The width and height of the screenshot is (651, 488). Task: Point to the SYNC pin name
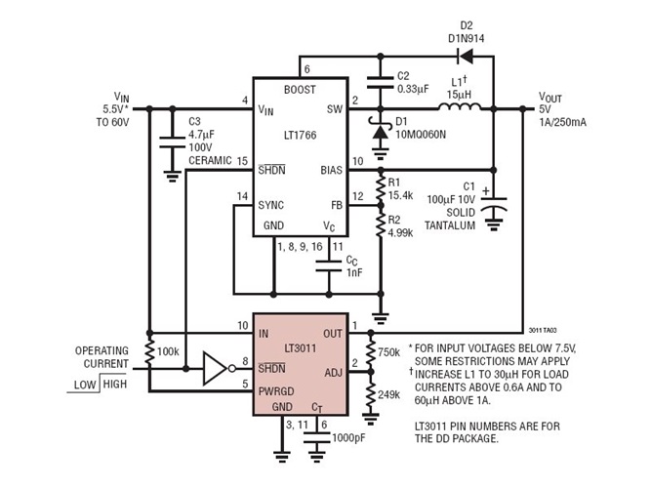pos(270,205)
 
